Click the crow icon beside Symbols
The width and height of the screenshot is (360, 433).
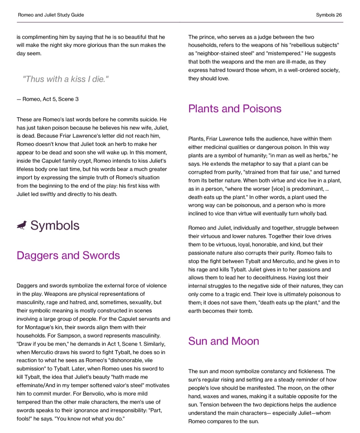pos(22,226)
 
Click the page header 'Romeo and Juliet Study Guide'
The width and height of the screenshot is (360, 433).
pos(51,15)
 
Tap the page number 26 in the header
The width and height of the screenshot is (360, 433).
pos(339,15)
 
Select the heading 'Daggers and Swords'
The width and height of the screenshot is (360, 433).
pos(68,255)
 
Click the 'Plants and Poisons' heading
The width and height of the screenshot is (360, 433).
pos(235,108)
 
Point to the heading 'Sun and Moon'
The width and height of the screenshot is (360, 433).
pos(223,341)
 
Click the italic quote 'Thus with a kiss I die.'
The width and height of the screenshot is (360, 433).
pos(65,79)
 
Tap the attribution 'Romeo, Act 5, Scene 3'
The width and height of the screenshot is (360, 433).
pos(50,99)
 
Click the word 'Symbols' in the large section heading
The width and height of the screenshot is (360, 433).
pos(55,226)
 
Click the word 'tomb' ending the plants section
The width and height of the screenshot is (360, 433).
pos(246,311)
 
